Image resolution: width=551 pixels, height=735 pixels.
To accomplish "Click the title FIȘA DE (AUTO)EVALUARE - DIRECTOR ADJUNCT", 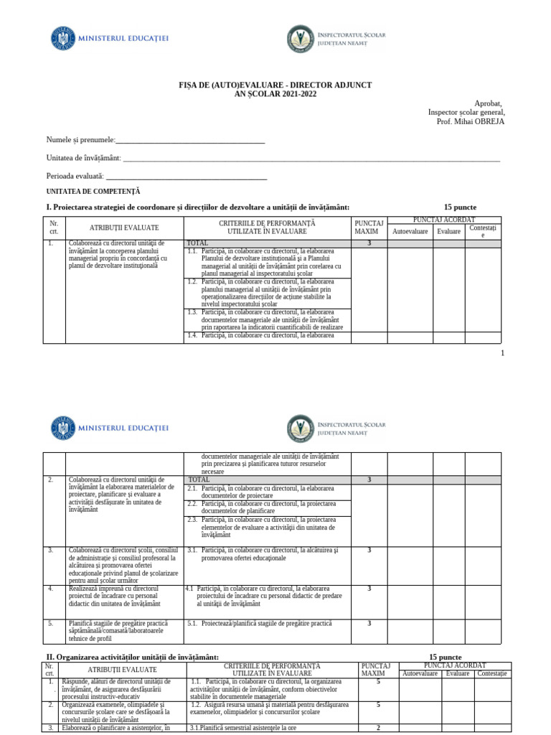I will pos(275,85).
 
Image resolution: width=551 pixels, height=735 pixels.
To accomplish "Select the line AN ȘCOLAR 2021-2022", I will pos(275,94).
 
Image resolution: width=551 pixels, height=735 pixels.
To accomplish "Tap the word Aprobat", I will pos(489,103).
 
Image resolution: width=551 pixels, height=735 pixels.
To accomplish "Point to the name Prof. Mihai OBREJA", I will pos(470,121).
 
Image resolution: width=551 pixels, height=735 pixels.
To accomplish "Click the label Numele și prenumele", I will pos(80,139).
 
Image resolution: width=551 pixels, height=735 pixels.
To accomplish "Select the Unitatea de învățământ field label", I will pos(83,158).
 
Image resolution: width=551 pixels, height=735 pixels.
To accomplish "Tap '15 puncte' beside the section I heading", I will pos(460,207).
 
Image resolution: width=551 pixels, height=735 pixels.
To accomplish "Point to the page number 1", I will pos(502,353).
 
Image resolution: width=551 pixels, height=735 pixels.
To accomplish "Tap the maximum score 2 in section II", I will pos(378,727).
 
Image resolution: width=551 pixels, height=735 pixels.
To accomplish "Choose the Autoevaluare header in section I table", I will pos(410,232).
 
